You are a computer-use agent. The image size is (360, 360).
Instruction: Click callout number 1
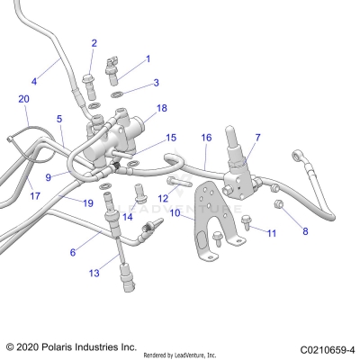point(148,58)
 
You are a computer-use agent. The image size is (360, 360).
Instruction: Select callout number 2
point(94,42)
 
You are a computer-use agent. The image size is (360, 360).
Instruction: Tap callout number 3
point(156,83)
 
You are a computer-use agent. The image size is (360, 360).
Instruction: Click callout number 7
point(257,138)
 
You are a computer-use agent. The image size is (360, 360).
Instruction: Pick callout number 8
point(304,231)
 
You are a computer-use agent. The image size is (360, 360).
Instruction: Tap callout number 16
point(206,138)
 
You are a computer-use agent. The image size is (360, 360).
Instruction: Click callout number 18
point(162,108)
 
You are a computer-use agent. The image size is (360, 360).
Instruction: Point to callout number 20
point(24,98)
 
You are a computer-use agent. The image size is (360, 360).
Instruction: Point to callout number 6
point(73,254)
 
